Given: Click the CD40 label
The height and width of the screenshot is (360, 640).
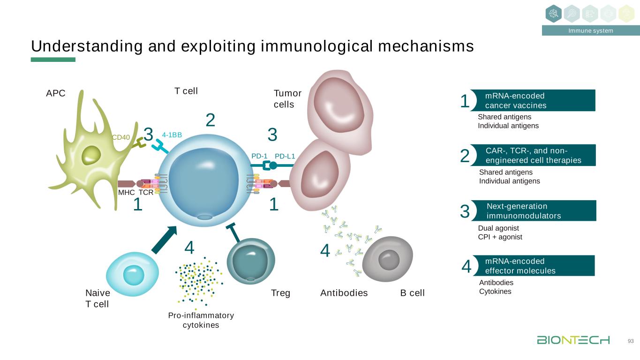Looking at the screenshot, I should [120, 137].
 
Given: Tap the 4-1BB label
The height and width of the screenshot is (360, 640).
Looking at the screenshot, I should [172, 135].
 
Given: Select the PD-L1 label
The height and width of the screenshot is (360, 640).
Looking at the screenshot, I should [285, 156].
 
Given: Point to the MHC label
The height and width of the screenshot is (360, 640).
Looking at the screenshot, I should [126, 193].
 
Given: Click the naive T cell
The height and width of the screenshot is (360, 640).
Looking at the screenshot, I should [130, 274].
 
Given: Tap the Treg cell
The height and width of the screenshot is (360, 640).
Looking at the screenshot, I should [250, 261].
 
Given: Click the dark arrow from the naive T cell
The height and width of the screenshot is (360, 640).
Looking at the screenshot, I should [164, 239].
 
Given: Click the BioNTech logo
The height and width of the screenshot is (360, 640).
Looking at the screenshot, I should [573, 340].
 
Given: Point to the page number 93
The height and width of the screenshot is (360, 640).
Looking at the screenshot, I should [631, 341].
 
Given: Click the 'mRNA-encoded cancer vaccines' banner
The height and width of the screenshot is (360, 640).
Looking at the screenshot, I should [534, 100].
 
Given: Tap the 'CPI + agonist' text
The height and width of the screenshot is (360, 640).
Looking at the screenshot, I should [500, 237].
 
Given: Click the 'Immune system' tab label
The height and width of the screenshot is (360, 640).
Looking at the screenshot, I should [590, 31].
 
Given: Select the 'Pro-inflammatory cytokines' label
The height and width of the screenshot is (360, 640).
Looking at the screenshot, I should [201, 320].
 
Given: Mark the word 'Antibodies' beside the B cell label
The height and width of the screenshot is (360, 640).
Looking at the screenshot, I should [344, 293].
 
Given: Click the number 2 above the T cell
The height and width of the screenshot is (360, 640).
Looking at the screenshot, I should [211, 120].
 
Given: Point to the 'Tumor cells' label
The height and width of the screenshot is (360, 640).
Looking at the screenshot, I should [287, 99].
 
